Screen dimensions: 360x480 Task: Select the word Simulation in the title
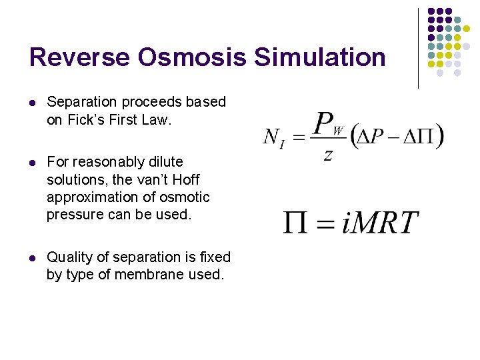coord(320,57)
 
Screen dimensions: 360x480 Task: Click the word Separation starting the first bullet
coord(77,103)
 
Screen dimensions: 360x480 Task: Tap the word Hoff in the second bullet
coord(186,180)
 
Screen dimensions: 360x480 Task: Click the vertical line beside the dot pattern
coord(418,48)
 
